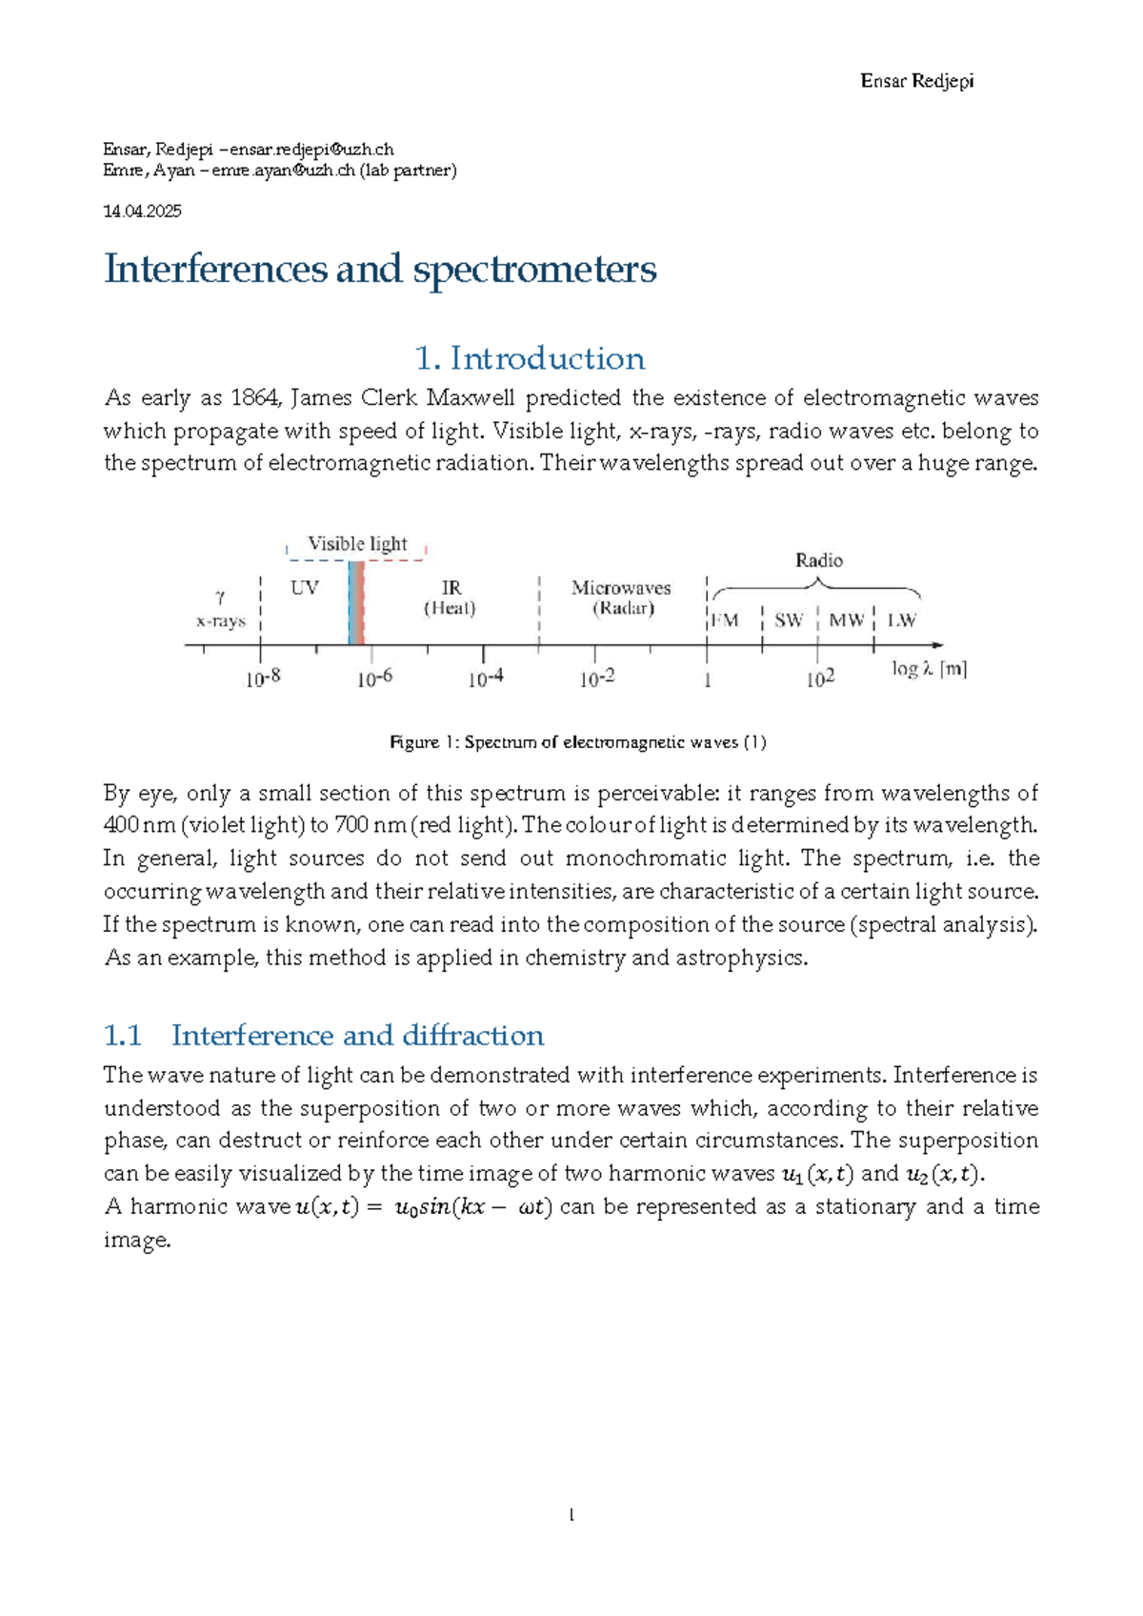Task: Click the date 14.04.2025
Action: point(142,211)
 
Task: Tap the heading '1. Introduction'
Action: point(530,358)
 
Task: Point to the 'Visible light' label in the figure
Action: point(357,544)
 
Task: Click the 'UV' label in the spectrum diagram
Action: point(305,588)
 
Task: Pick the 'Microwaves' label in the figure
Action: point(621,588)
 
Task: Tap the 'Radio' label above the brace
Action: point(819,560)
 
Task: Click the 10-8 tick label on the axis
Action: point(263,678)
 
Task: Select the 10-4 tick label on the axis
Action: point(486,678)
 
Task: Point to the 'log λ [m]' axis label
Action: point(929,669)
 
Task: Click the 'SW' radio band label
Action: point(789,620)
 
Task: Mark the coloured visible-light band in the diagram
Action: point(356,603)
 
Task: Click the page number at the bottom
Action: point(571,1515)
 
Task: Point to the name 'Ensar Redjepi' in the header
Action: point(916,81)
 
